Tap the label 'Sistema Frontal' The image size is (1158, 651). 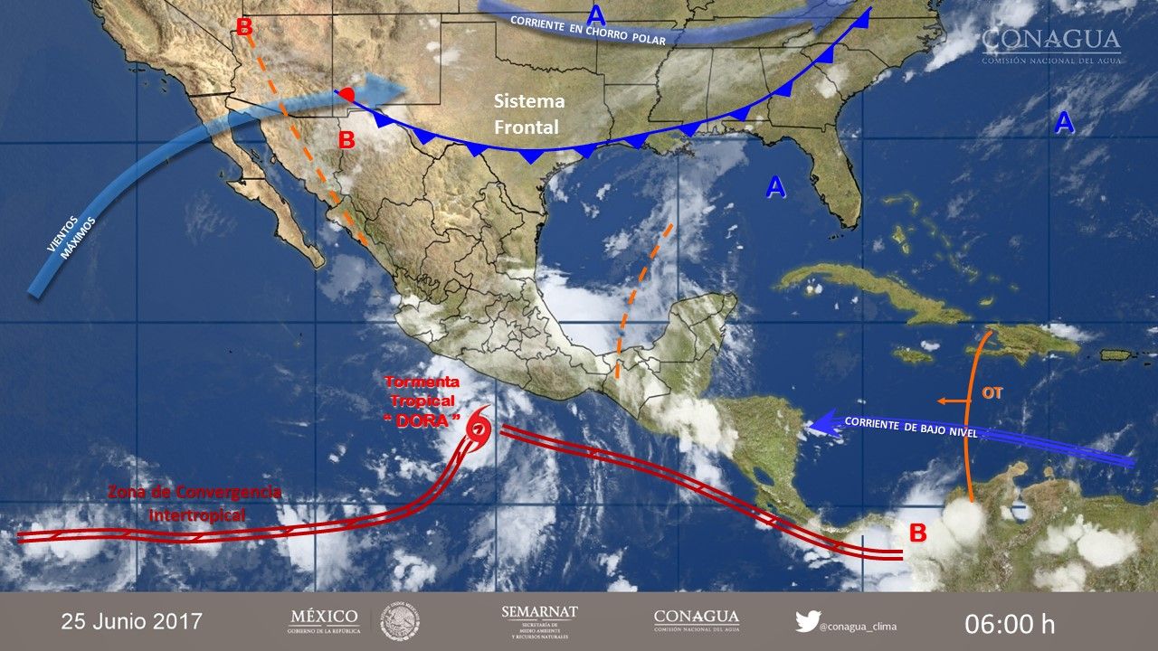(x=529, y=114)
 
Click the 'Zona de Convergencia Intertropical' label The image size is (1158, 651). (x=195, y=504)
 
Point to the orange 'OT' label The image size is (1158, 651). (x=992, y=393)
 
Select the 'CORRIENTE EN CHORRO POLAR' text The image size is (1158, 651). (x=587, y=31)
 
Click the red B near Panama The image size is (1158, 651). (x=917, y=533)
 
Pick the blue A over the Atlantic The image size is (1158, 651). (x=1064, y=123)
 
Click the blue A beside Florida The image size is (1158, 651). (x=774, y=187)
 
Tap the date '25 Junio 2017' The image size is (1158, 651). (x=132, y=622)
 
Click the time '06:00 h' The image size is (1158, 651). (x=1010, y=623)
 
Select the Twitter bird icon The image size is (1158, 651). (x=807, y=621)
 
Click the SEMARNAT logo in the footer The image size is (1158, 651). (x=539, y=620)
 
